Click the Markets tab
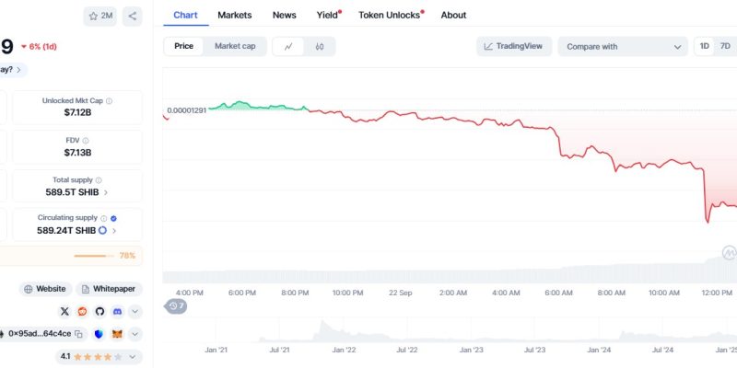coord(235,15)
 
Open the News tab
coord(285,15)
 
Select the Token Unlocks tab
coord(390,15)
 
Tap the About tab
coord(453,15)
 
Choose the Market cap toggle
coord(235,46)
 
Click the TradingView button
coord(513,46)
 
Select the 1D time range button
coord(704,46)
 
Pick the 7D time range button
coord(725,46)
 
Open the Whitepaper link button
coord(110,289)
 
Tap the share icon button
coord(133,16)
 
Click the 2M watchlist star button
coord(100,16)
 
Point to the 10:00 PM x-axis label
coord(347,293)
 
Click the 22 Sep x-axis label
coord(401,293)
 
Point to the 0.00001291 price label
coord(186,111)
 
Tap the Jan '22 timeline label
coord(345,351)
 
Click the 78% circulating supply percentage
coord(127,255)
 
